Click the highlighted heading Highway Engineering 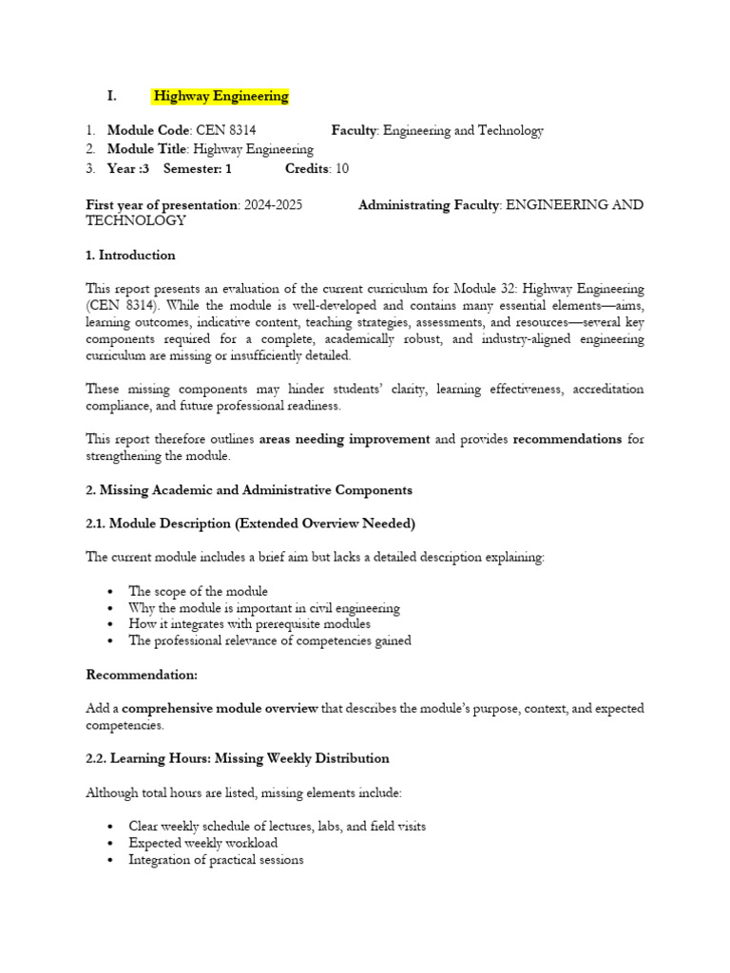tap(221, 96)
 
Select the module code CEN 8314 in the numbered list tap(225, 130)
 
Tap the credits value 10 tap(341, 168)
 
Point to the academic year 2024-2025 tap(274, 205)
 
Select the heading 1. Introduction tap(130, 255)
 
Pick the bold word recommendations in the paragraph tap(567, 439)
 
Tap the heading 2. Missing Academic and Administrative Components tap(249, 489)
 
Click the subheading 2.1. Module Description tap(250, 524)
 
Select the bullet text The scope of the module tap(198, 591)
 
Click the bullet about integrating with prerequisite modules tap(249, 624)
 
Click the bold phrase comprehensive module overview tap(221, 709)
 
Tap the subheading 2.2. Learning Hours tap(238, 758)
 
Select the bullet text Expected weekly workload tap(202, 843)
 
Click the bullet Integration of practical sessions tap(216, 860)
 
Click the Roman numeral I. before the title tap(112, 96)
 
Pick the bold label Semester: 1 tap(197, 168)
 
